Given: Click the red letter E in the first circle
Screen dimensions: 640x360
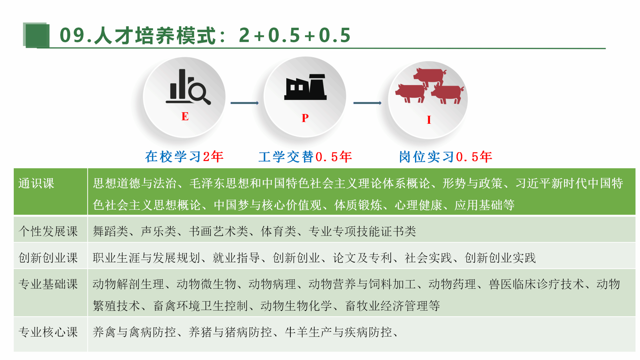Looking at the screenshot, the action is tap(185, 116).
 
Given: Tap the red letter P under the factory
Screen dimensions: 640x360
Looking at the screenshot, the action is tap(305, 118).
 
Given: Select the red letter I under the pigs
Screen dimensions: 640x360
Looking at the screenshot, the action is tap(429, 120).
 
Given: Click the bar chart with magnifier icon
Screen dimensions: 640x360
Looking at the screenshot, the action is tap(188, 87).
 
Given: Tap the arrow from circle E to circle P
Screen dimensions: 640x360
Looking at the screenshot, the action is tap(245, 103).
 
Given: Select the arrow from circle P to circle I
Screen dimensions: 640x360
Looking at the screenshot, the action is tap(367, 103).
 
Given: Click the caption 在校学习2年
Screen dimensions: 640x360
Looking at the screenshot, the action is tap(184, 157).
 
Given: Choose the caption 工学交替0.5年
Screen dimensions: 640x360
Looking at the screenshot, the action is tap(305, 157).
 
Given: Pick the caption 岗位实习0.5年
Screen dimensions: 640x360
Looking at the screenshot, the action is tap(446, 157).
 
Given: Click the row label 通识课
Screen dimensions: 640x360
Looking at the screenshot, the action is tap(36, 183).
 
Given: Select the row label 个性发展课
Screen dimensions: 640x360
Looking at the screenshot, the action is tap(48, 231).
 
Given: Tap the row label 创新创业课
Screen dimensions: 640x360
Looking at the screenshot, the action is tap(48, 258).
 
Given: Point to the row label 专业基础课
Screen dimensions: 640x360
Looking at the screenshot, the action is tap(48, 284).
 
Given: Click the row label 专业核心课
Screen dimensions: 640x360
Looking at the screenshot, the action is tap(48, 332).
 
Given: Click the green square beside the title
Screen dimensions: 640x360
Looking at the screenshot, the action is tap(36, 35).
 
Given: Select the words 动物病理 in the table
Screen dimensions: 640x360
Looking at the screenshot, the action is tap(272, 284).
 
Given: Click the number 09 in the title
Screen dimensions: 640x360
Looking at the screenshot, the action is tap(72, 35).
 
